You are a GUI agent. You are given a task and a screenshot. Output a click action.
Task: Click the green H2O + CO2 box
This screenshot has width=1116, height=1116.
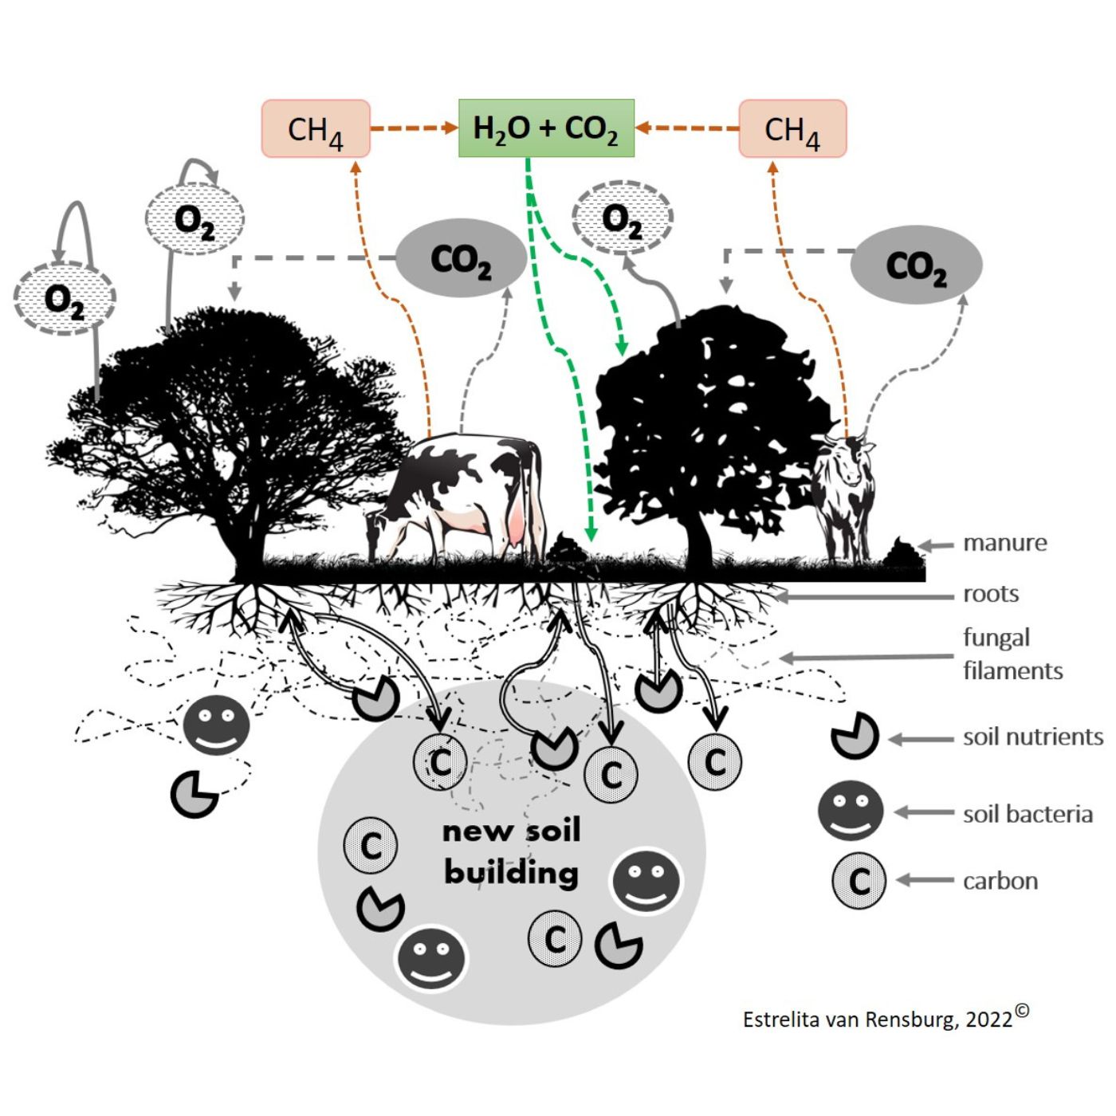pos(546,128)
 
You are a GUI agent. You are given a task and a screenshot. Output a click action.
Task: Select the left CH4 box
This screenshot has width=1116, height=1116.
pos(316,129)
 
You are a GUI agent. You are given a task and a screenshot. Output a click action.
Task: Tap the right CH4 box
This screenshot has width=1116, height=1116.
pos(792,129)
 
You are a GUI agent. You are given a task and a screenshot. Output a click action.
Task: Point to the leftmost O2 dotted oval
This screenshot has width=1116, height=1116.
pos(65,300)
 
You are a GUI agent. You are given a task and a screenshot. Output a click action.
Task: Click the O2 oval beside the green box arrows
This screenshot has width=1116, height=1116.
pos(623,218)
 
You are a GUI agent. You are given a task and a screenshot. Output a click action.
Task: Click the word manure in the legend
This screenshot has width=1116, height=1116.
pos(1004,543)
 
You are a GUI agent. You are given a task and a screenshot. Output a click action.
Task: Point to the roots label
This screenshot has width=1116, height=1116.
pos(991,594)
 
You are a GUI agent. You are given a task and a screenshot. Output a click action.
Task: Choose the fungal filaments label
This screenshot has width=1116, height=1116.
pos(1012,654)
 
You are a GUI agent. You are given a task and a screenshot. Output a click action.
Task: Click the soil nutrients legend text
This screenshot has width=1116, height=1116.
pos(1033,737)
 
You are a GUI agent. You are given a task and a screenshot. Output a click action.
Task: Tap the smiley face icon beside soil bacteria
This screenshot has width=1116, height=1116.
pos(851,811)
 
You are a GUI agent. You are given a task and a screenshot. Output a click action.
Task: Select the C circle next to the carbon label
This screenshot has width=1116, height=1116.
pos(859,881)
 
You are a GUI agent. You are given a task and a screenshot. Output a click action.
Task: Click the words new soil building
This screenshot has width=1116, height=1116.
pos(511,851)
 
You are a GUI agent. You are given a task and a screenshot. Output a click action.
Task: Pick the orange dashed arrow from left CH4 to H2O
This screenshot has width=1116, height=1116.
pos(414,128)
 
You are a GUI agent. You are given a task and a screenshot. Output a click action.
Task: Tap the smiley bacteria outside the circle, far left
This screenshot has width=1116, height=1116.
pos(216,725)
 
